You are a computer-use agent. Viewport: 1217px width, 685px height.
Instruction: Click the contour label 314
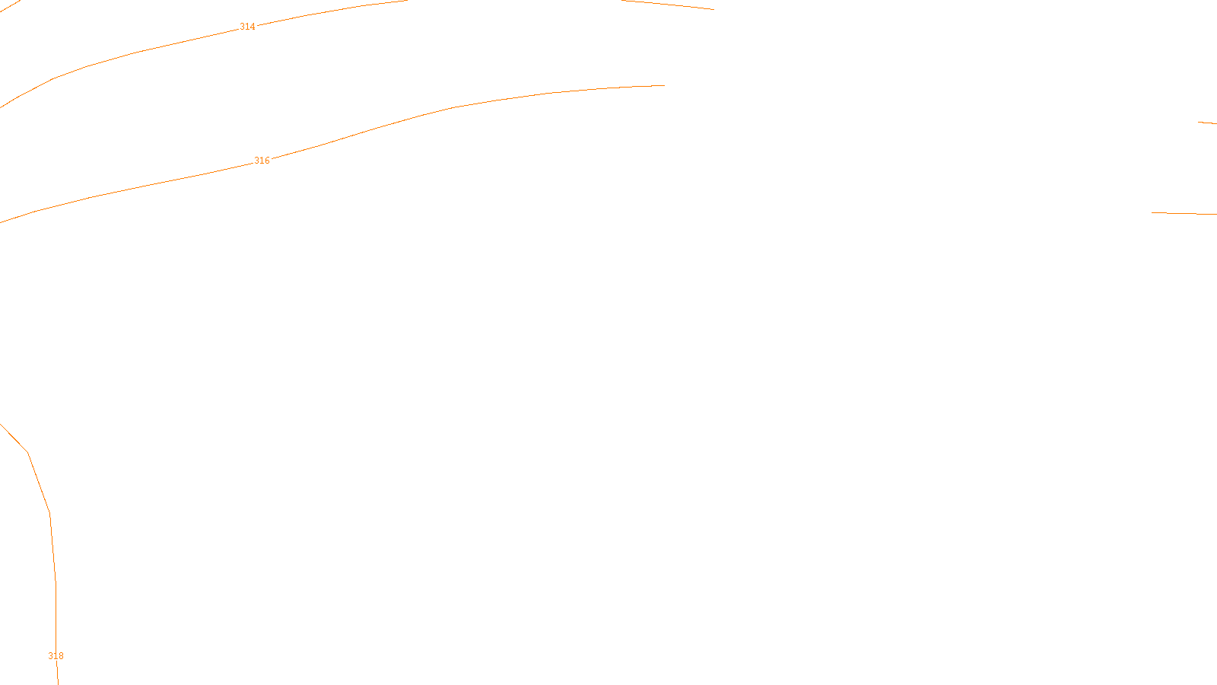247,27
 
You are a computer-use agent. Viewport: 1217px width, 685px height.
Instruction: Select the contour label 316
262,161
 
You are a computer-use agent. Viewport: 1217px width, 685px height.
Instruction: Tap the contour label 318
56,656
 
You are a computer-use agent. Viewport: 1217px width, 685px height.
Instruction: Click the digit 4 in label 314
253,27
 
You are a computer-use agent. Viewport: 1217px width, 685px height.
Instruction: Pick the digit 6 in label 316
267,161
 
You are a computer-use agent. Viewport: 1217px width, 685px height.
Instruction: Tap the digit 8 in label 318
61,656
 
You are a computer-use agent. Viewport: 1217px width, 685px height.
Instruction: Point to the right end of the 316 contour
664,85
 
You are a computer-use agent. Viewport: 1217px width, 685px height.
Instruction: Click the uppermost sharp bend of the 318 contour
28,453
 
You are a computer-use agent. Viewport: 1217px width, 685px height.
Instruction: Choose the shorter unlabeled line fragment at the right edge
1207,123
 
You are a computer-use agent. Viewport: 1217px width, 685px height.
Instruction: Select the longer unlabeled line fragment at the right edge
1184,214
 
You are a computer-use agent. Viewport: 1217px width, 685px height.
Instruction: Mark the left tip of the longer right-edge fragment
1152,212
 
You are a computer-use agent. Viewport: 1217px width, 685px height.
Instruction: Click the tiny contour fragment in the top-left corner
11,6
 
